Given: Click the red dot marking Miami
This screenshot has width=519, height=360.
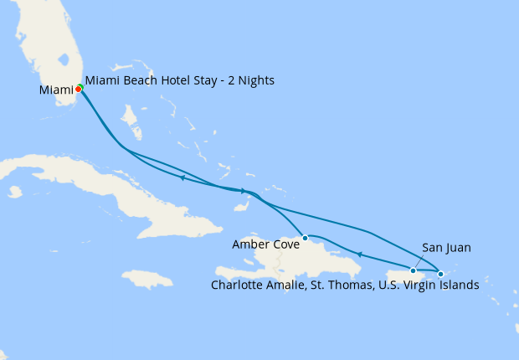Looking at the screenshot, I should click(x=78, y=88).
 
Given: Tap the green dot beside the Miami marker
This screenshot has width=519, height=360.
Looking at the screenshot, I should click(x=81, y=86).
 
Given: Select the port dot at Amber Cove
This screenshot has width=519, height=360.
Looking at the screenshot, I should click(x=306, y=238).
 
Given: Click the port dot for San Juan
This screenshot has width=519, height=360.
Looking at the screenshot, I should click(x=413, y=270).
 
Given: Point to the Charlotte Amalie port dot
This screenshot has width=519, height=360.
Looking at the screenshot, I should click(x=441, y=274).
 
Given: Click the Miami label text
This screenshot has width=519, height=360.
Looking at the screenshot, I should click(x=56, y=90).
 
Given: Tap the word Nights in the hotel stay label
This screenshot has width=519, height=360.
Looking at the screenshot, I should click(x=254, y=80).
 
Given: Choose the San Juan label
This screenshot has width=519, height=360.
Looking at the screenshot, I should click(x=446, y=247).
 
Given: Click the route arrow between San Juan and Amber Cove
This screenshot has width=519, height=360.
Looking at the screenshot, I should click(x=359, y=255).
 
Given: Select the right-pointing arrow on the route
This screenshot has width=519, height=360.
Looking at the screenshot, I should click(x=243, y=191).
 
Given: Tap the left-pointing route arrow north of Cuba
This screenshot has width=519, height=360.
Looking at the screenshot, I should click(x=182, y=177).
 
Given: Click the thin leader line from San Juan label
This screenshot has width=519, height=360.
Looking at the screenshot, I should click(x=422, y=260).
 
